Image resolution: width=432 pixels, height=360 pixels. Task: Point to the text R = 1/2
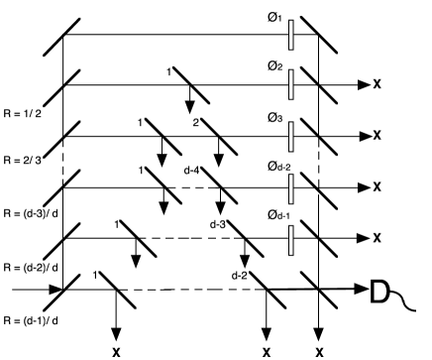[x=21, y=108]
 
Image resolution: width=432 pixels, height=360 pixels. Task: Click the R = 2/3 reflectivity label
[x=21, y=160]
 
